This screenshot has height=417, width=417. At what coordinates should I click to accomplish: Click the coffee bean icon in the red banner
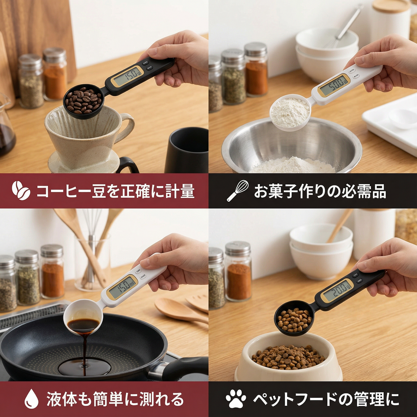pos(21,190)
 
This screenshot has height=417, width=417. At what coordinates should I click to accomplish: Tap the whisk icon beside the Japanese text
pos(238,190)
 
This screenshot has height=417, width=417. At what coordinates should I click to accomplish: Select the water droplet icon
pos(31,399)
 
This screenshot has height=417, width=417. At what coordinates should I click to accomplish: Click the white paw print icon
pos(236,399)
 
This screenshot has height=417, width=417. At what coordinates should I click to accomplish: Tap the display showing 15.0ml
pos(122,287)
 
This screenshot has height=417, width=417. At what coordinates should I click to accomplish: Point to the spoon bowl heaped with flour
pos(290,113)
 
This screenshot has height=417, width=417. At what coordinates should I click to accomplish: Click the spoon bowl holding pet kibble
pos(293,319)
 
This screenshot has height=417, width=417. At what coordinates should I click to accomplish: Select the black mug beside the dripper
pos(188,150)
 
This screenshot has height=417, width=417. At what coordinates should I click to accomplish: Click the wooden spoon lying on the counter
pos(179,310)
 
